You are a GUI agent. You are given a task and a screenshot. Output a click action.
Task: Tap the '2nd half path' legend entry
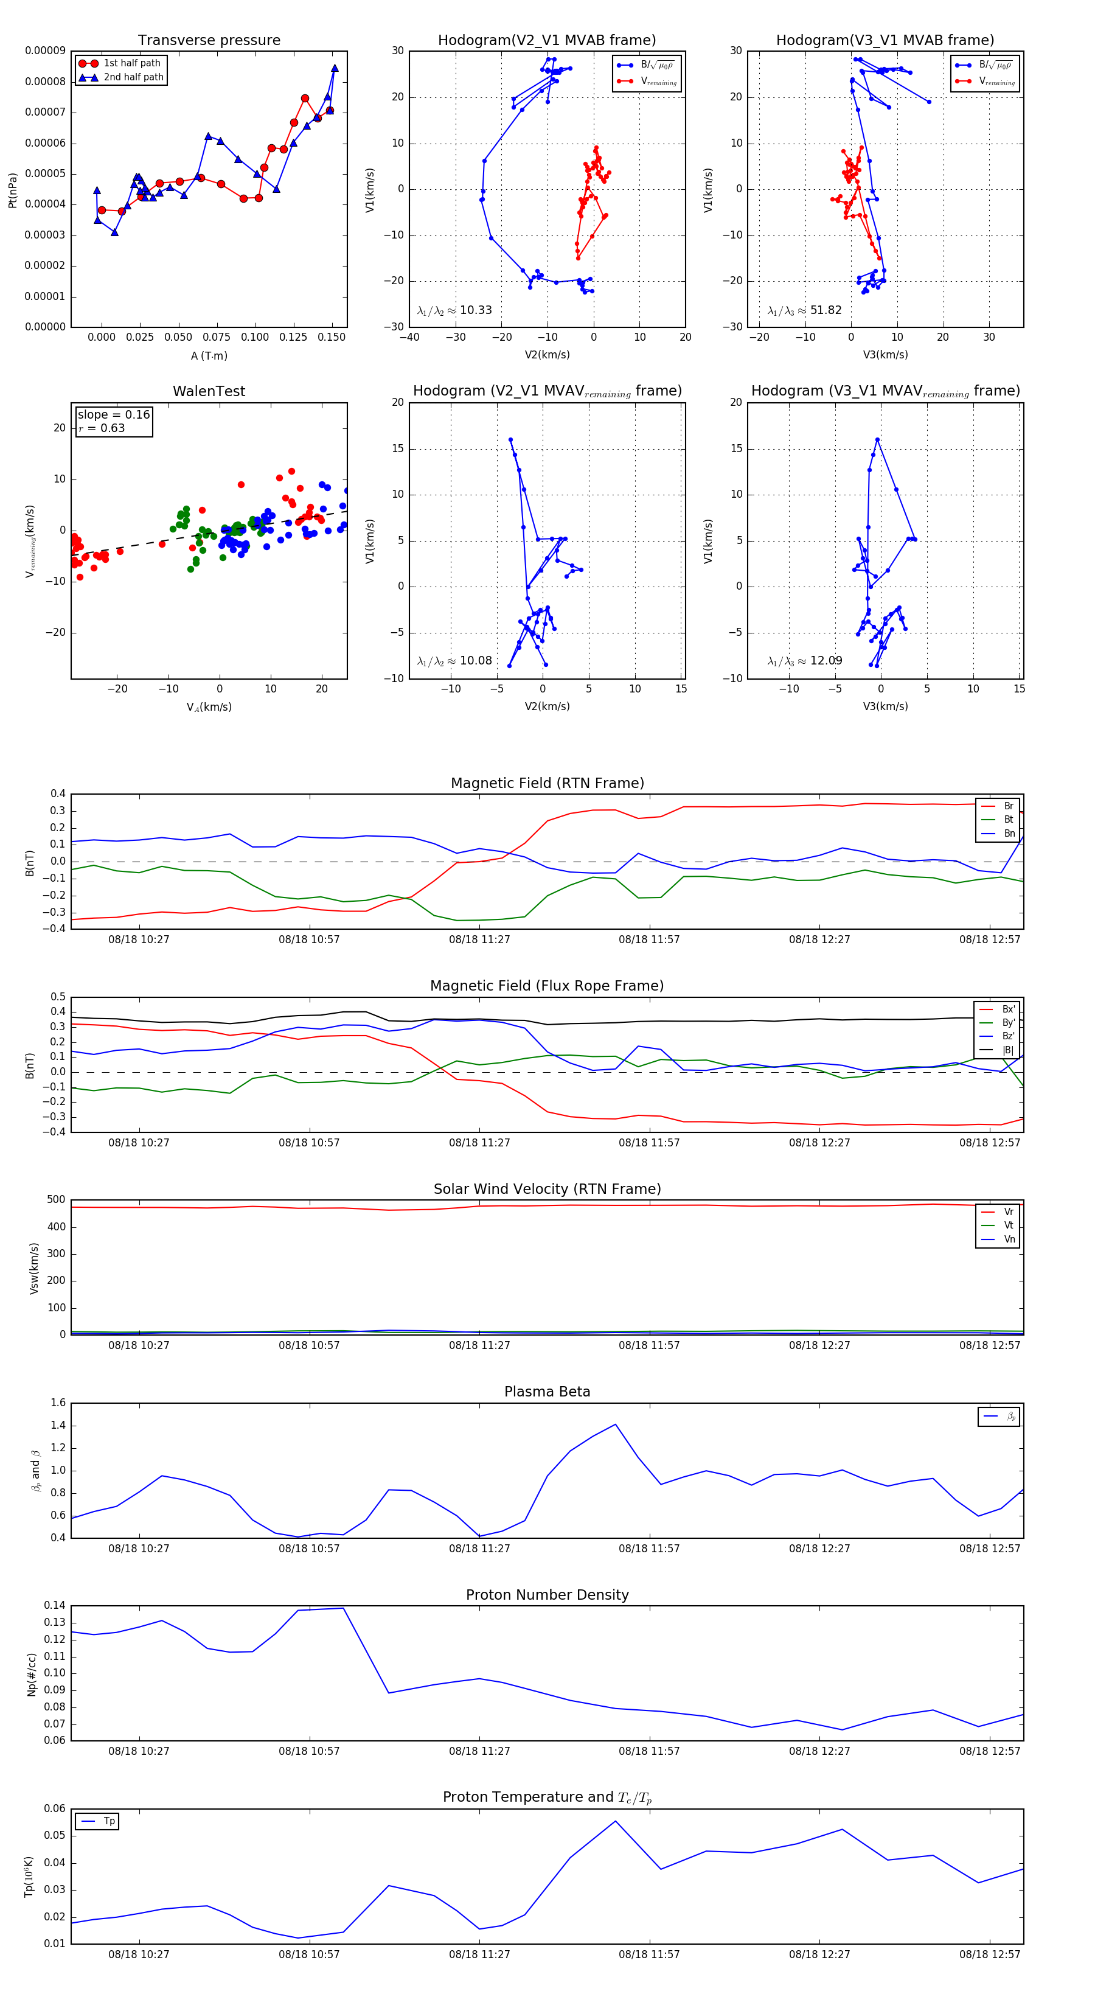133,77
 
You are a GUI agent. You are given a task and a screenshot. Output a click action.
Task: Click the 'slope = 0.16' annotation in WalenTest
113,415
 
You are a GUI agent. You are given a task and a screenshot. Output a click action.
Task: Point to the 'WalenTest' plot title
209,391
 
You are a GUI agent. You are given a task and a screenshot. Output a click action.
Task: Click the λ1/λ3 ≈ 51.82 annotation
804,310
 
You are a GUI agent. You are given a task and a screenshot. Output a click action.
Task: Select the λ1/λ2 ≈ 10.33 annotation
454,310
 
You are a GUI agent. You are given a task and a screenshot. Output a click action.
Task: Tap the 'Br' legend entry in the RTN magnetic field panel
1009,806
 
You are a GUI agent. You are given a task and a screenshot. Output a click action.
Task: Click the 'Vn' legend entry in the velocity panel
1009,1239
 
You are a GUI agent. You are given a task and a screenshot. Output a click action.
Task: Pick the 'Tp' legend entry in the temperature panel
109,1822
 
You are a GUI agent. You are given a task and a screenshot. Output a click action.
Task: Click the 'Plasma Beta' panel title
547,1392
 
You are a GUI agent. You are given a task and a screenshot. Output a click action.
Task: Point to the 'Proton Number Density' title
547,1595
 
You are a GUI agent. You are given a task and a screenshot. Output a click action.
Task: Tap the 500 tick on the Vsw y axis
56,1200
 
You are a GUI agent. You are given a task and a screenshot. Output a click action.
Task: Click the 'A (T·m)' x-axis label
209,355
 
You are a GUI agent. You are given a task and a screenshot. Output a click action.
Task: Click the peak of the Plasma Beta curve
616,1424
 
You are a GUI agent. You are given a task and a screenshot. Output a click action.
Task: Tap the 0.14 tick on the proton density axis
55,1606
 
